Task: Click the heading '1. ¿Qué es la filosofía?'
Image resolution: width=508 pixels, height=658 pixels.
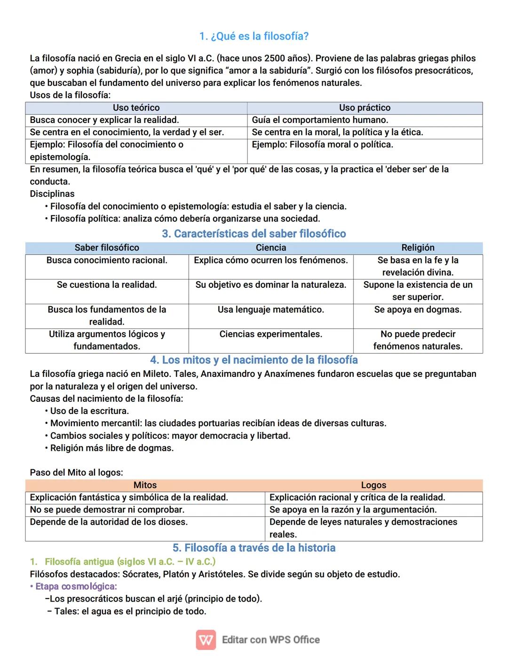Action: (254, 36)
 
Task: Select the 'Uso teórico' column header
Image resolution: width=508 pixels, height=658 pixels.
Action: (136, 108)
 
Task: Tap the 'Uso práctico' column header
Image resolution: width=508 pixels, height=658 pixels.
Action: (365, 108)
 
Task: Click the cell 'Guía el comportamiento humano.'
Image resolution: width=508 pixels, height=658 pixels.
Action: (320, 120)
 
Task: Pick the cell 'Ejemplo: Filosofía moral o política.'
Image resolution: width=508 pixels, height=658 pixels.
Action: (322, 145)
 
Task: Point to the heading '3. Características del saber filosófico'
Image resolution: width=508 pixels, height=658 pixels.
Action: (254, 234)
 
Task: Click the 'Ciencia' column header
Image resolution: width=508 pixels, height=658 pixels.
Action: (271, 248)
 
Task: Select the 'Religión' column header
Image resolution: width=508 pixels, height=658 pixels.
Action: (418, 248)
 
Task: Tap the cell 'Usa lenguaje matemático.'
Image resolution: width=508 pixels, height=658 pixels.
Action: (271, 309)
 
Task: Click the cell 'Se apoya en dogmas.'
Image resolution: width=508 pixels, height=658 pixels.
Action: (418, 309)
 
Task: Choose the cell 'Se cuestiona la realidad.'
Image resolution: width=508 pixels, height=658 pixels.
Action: (107, 285)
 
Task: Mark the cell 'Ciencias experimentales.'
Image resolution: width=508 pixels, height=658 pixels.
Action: (271, 334)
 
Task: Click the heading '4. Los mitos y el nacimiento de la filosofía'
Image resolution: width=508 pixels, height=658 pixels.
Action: (254, 360)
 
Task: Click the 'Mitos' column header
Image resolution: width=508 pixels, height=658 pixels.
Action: (145, 485)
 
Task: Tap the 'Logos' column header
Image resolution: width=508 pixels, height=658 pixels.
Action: (373, 485)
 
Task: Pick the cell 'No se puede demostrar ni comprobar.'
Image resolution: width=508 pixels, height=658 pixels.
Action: (107, 510)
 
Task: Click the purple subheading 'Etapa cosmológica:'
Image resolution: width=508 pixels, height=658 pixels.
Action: (76, 586)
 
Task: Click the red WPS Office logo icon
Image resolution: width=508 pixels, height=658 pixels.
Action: (206, 640)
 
